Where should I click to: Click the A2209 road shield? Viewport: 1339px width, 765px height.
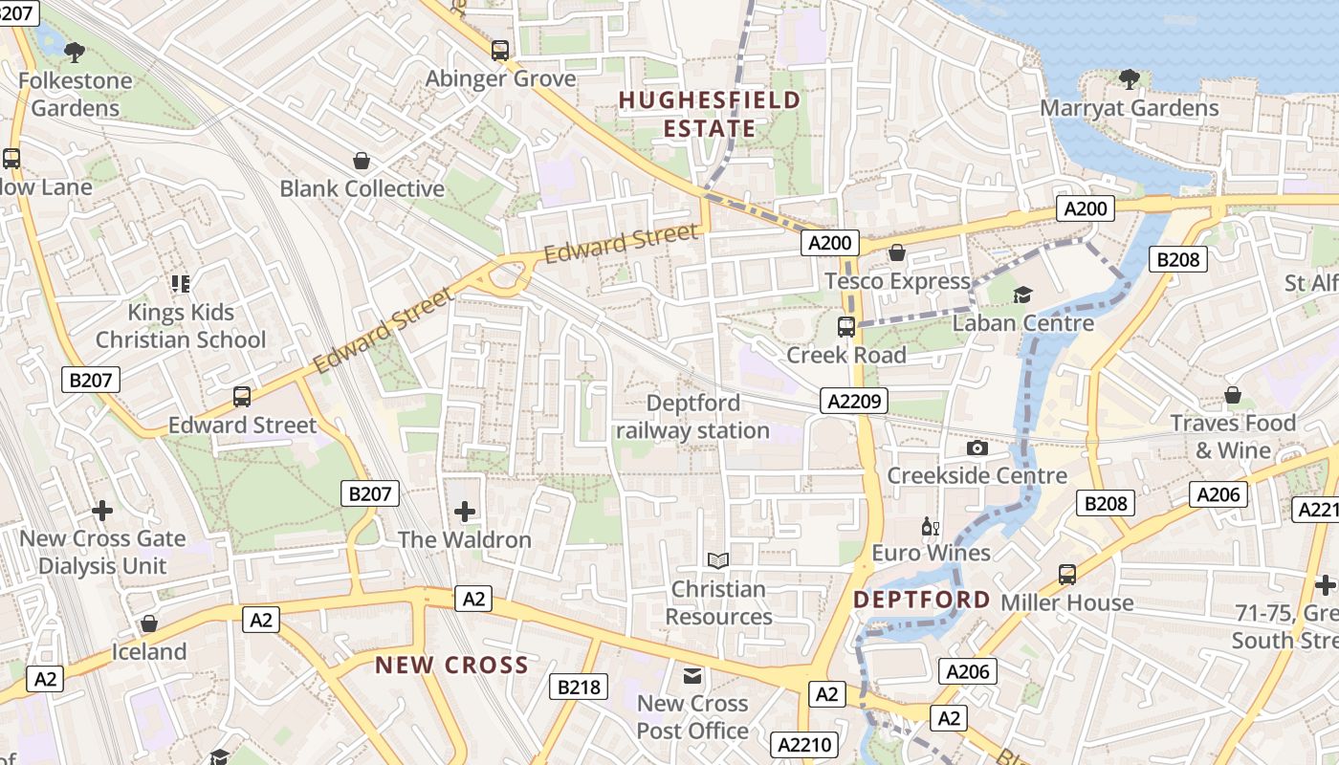pos(854,401)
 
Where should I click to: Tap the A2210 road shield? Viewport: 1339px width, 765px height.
pos(806,745)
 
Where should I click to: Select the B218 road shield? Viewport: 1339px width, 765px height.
pos(579,686)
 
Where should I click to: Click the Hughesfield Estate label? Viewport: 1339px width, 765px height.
pos(709,114)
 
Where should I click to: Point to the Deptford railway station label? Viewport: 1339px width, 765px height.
pos(692,417)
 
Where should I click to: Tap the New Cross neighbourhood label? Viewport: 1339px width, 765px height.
pos(451,665)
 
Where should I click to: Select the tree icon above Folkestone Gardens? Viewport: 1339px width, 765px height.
pos(75,52)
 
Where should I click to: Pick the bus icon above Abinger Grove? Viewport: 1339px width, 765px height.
pos(500,50)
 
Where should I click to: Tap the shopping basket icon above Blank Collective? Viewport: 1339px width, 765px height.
pos(362,161)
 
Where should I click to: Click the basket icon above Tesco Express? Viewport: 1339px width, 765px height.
pos(897,252)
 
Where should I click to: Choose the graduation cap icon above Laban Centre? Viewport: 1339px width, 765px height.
pos(1022,295)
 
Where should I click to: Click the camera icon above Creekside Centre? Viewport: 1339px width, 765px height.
pos(977,448)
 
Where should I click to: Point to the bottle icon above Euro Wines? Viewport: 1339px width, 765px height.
pos(931,525)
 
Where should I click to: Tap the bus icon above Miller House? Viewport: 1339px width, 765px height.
pos(1067,574)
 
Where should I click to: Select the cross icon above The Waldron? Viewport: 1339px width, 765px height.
pos(465,512)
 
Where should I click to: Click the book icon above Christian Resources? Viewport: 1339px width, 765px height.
pos(718,560)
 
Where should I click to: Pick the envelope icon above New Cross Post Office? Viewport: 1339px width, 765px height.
pos(692,676)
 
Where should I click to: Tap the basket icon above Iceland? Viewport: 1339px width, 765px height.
pos(149,624)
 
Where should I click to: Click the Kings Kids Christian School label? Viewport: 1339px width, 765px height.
pos(181,326)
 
